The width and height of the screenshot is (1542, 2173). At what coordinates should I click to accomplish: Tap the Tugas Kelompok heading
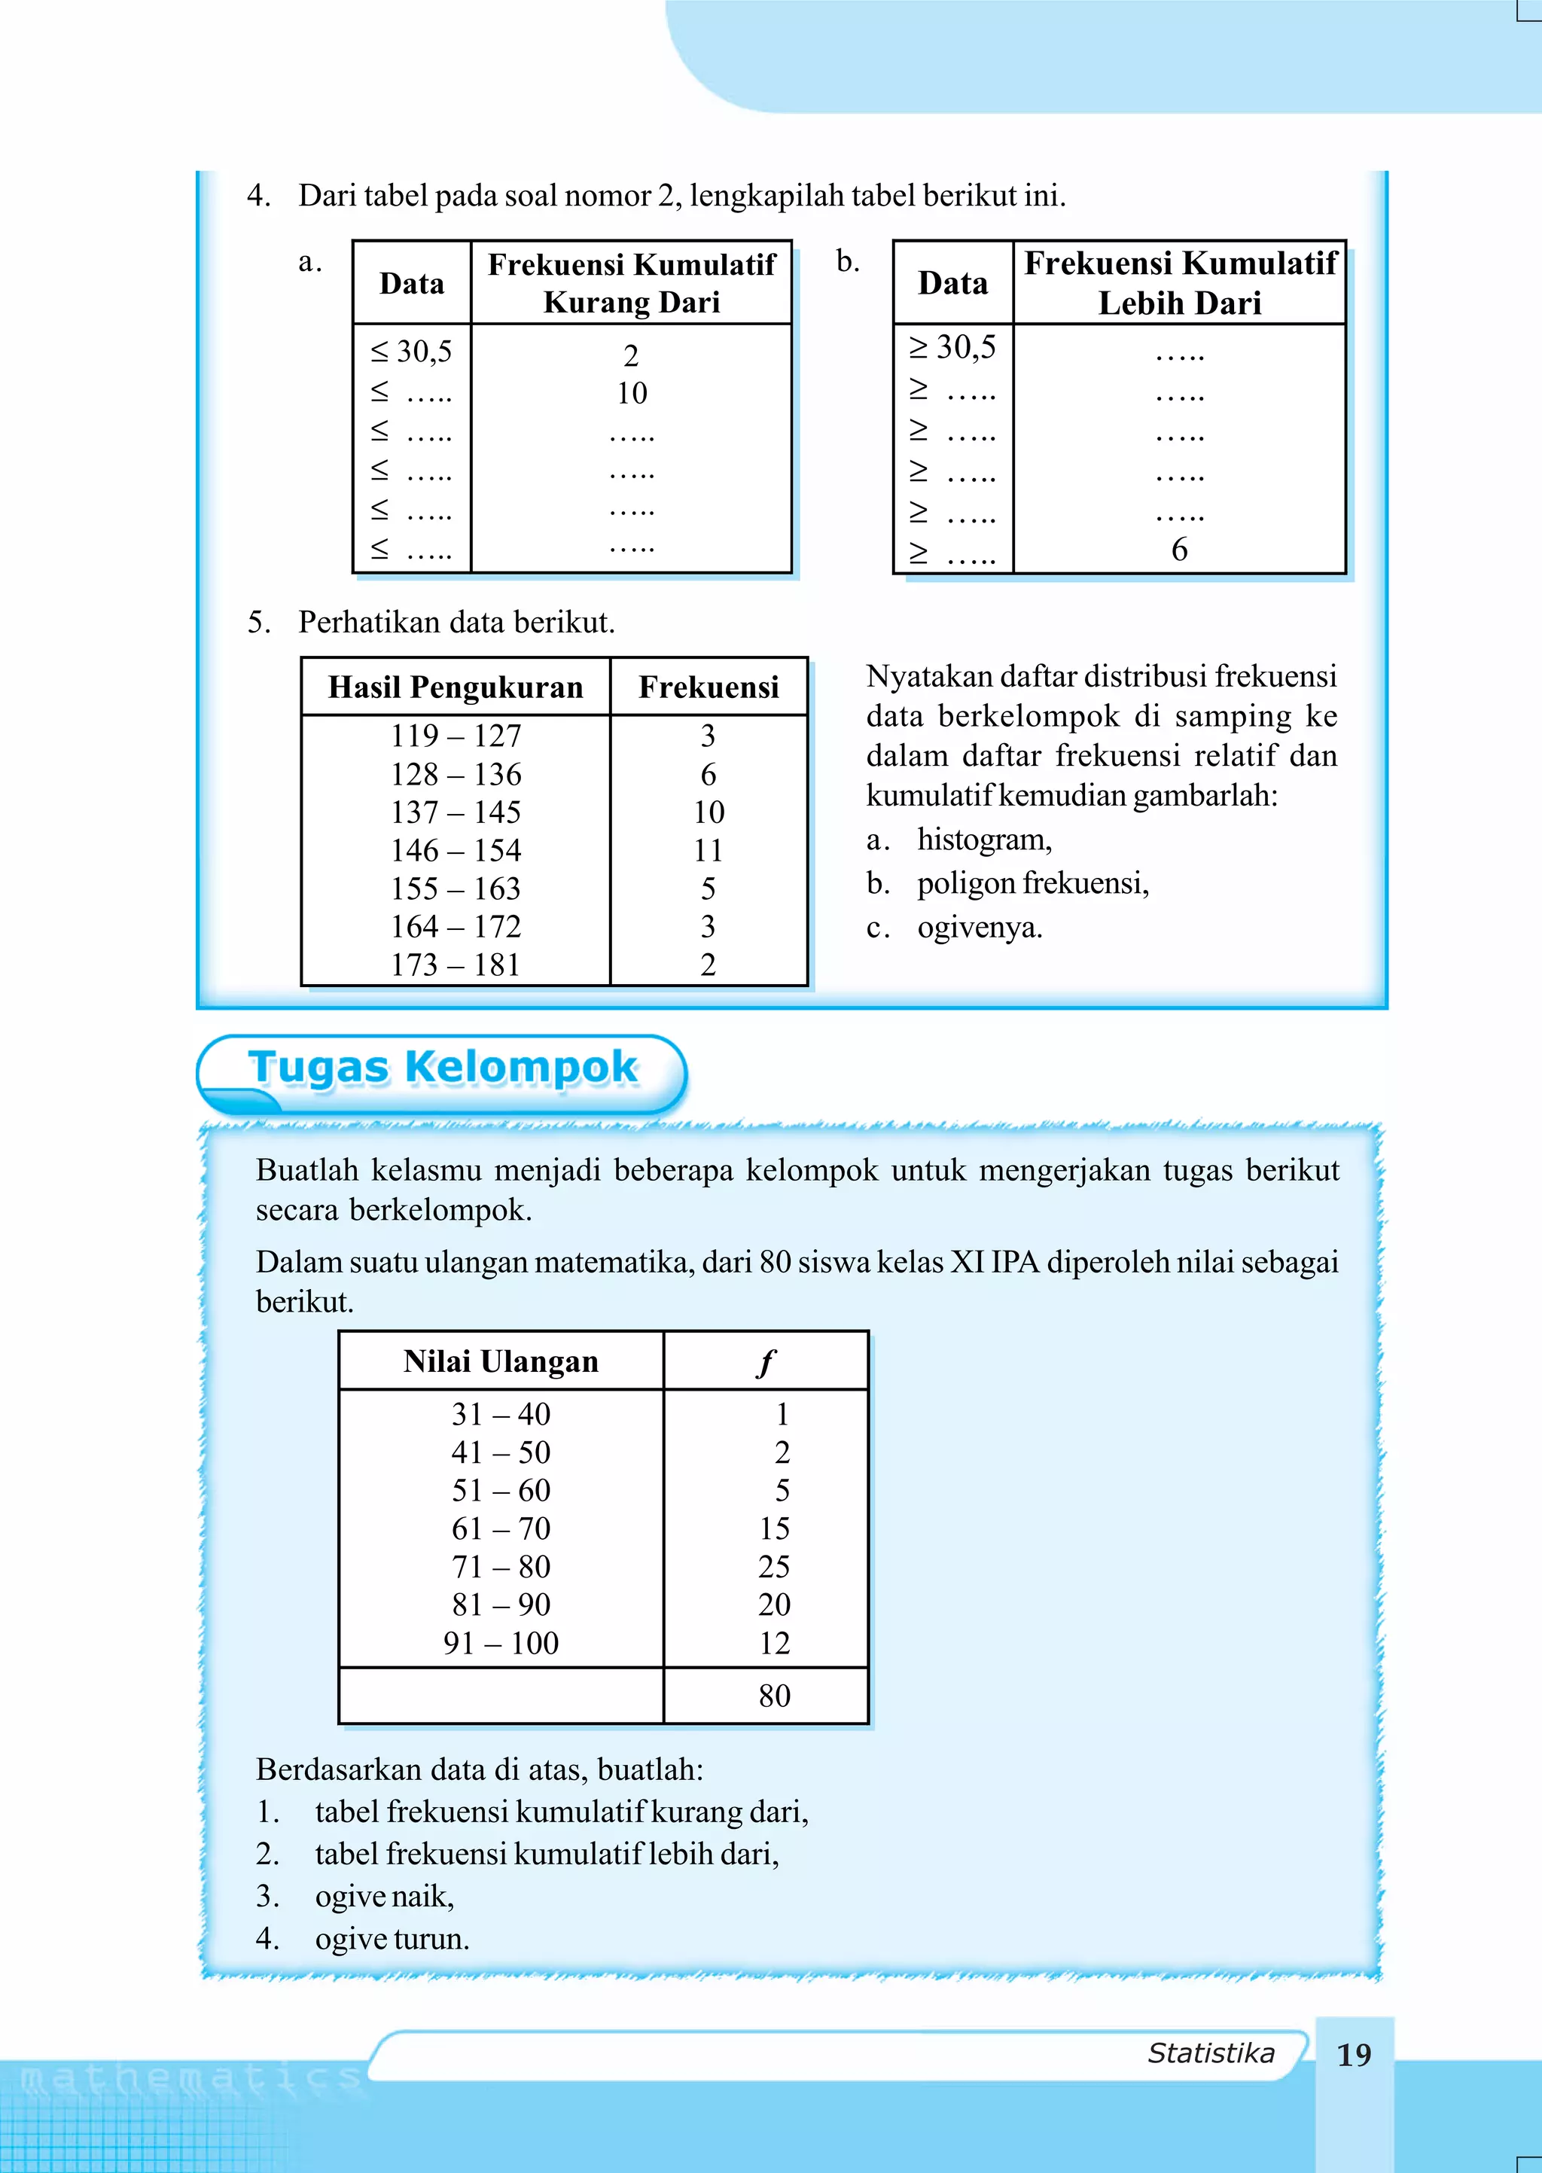click(443, 1067)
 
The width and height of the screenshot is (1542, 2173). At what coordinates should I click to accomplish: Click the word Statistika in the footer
click(1211, 2053)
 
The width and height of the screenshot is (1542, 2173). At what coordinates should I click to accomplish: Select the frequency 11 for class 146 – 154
click(708, 851)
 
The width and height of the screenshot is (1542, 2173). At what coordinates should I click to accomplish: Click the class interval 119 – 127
click(456, 736)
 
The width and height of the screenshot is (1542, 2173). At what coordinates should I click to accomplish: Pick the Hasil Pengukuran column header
click(456, 687)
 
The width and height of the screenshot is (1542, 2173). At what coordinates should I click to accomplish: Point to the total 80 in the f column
click(774, 1696)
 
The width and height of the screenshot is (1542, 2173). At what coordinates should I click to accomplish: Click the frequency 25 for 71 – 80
click(774, 1566)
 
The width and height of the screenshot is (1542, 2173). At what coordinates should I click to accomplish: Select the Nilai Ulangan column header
click(501, 1361)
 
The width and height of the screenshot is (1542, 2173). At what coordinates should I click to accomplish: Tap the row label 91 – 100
click(501, 1642)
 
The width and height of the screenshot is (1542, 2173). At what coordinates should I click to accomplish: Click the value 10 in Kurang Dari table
click(632, 393)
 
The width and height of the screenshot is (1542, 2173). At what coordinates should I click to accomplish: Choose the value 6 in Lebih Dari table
click(1179, 550)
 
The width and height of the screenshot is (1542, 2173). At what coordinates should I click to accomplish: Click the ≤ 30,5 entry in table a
click(411, 352)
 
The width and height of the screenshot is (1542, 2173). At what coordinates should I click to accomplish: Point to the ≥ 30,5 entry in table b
click(952, 347)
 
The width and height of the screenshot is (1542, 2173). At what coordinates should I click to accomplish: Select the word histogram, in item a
click(983, 840)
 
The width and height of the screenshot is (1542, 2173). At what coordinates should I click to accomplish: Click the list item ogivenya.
click(979, 928)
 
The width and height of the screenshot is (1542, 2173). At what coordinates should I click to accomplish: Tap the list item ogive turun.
click(392, 1939)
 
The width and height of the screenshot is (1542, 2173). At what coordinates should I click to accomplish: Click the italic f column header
click(765, 1362)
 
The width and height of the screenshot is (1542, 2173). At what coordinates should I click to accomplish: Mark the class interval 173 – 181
click(456, 965)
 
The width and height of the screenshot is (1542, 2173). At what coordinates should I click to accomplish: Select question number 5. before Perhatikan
click(258, 623)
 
